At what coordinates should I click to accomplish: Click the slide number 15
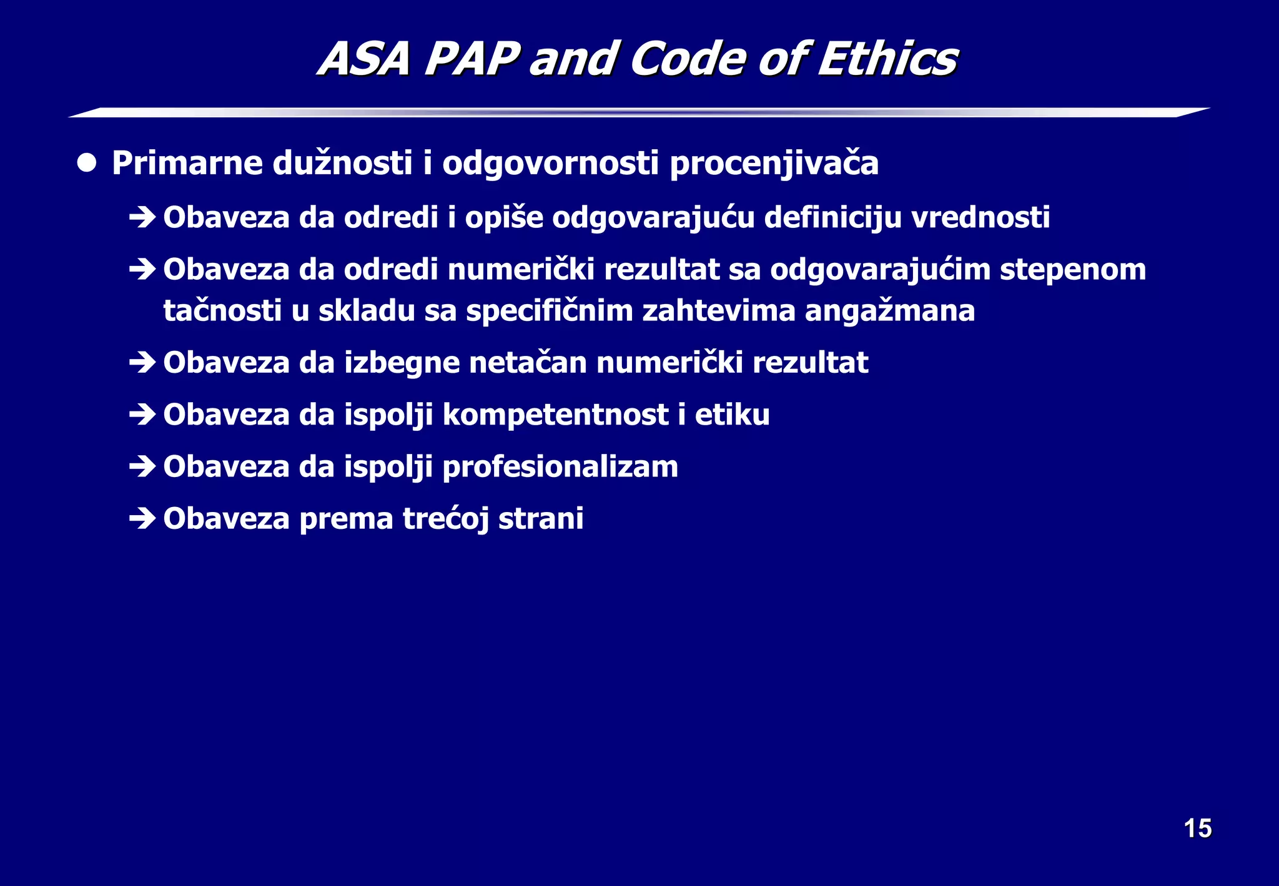click(1197, 829)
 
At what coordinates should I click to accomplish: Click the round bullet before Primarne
click(87, 164)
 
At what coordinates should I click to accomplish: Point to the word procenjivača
click(774, 164)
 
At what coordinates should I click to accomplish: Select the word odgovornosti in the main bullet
click(550, 164)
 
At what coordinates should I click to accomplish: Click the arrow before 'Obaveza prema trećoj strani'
click(142, 518)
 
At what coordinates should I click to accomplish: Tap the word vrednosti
click(980, 217)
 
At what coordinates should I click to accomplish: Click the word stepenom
click(1072, 270)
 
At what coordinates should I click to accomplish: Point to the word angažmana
click(889, 311)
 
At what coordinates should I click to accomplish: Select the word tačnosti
click(222, 311)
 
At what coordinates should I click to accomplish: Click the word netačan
click(528, 363)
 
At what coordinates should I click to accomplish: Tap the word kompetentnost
click(555, 415)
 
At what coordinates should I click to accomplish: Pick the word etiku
click(732, 415)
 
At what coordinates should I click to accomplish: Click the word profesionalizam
click(560, 467)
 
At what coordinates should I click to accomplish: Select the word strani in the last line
click(541, 518)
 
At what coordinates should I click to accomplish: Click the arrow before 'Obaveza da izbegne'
click(142, 362)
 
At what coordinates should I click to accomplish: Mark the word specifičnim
click(550, 311)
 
